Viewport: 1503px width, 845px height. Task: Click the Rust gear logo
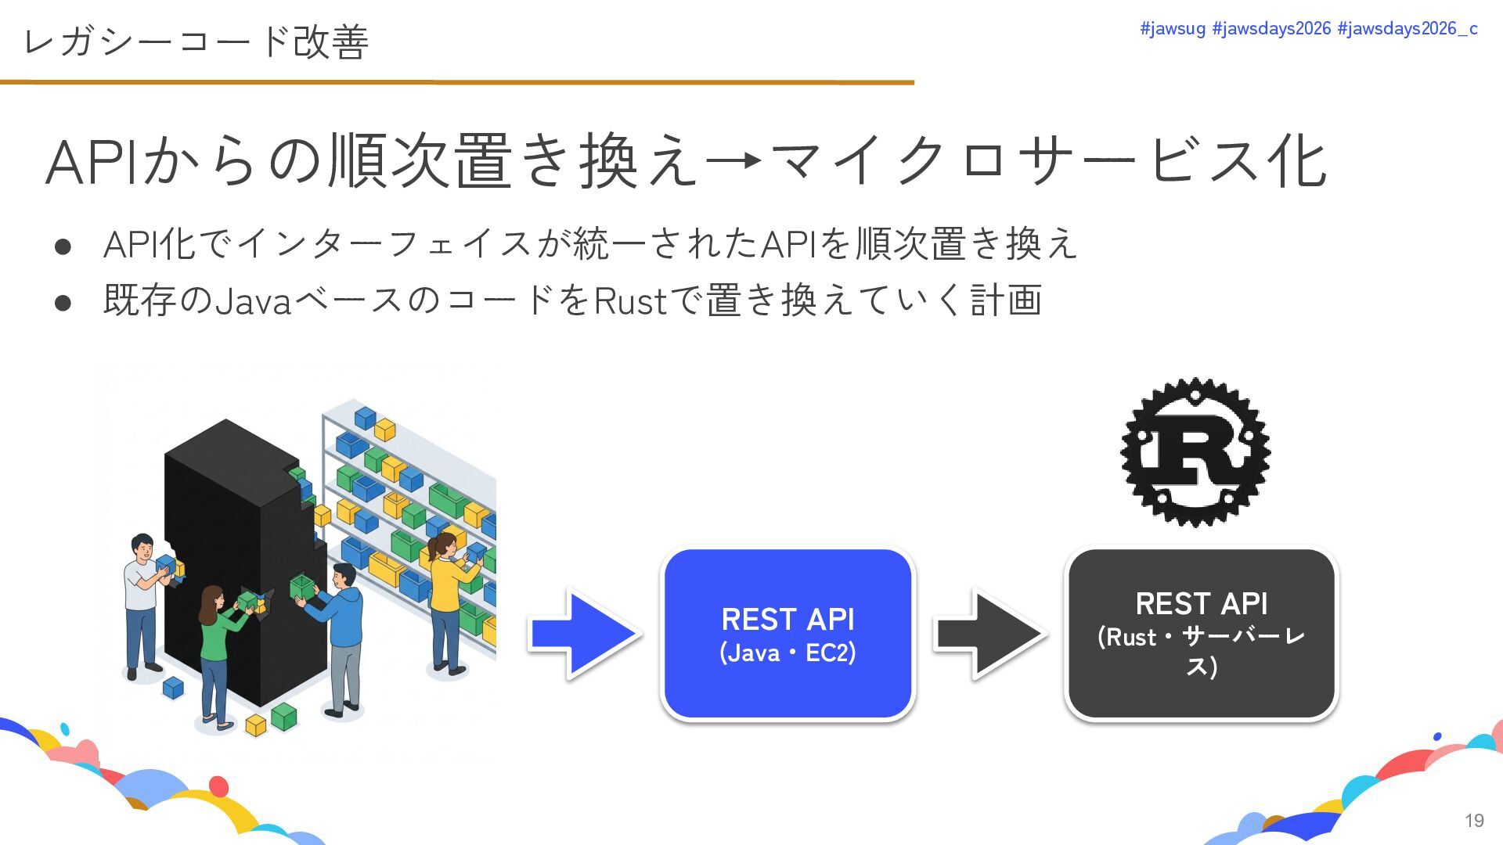1195,452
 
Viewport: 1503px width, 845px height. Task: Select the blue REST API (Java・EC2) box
788,634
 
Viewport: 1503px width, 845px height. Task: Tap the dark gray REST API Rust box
1201,634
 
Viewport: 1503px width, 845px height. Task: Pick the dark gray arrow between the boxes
989,634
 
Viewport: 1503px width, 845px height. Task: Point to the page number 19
1474,820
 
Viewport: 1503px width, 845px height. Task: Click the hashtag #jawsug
1172,29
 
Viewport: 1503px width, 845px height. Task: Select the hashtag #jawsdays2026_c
1407,29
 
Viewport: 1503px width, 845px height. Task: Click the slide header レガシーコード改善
196,41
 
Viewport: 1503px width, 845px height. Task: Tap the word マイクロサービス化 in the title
1049,162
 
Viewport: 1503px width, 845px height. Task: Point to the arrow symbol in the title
733,161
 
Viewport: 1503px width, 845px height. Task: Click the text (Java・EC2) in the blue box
788,653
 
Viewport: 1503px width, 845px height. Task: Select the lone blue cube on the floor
172,687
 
